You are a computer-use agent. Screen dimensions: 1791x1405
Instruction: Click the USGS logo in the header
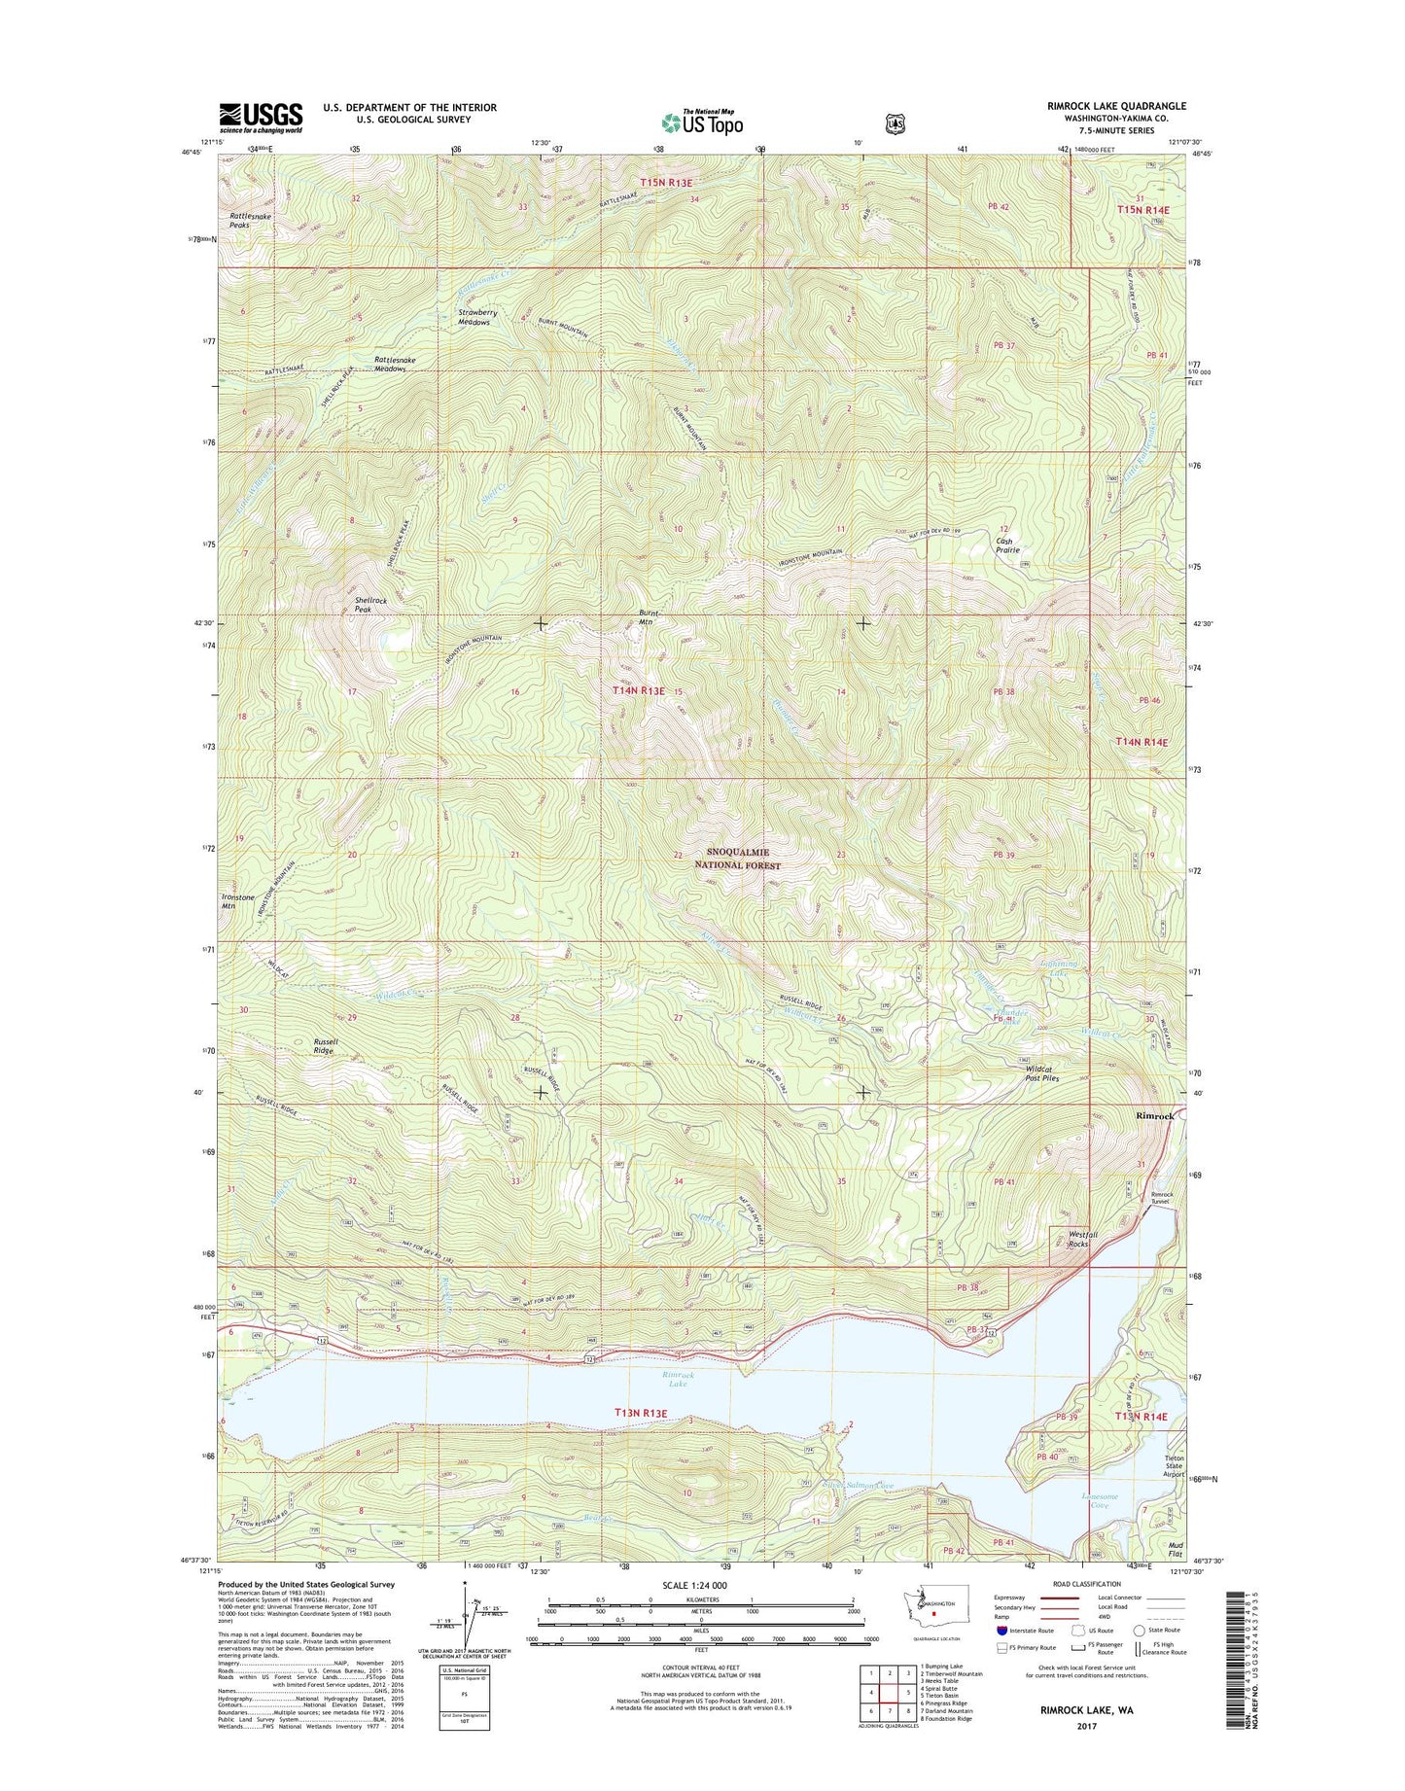tap(261, 118)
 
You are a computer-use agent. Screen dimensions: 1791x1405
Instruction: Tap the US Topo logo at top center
tap(702, 123)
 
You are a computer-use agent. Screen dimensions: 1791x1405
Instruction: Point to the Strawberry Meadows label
tap(477, 317)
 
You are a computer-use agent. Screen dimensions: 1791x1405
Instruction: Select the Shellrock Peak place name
tap(370, 605)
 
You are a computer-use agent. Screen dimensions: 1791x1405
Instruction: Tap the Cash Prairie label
tap(1005, 544)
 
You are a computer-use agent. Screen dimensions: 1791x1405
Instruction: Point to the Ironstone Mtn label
tap(237, 900)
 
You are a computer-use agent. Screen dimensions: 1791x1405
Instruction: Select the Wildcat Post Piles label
tap(1042, 1073)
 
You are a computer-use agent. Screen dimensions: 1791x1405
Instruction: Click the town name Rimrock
tap(1154, 1116)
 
